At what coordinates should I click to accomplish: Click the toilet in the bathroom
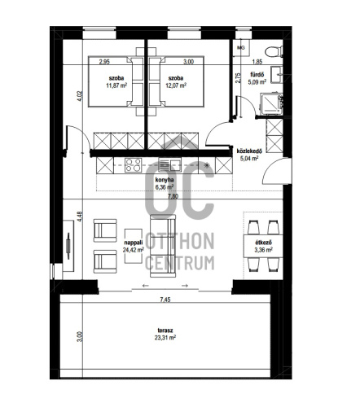pos(274,51)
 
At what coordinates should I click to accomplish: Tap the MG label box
pos(241,48)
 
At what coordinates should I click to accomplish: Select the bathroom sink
pos(276,74)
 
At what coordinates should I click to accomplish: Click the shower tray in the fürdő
pos(271,104)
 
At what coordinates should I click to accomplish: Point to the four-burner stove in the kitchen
pos(133,165)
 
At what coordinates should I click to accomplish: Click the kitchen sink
pos(169,164)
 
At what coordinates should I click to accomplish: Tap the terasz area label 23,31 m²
pos(166,338)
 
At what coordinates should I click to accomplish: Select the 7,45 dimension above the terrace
pos(165,300)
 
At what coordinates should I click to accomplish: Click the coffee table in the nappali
pos(133,246)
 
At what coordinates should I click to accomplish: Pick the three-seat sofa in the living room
pos(163,246)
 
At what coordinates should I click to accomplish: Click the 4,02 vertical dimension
pos(79,96)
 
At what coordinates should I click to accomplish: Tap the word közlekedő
pos(249,151)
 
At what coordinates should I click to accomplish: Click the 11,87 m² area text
pos(116,85)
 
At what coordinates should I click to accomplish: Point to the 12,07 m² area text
pos(176,85)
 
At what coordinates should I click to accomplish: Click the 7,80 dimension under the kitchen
pos(173,196)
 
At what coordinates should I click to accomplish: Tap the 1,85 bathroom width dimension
pos(257,62)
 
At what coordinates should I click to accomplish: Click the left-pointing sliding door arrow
pos(145,286)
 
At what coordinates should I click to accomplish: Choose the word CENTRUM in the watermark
pos(180,263)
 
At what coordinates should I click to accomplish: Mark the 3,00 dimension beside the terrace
pos(79,337)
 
